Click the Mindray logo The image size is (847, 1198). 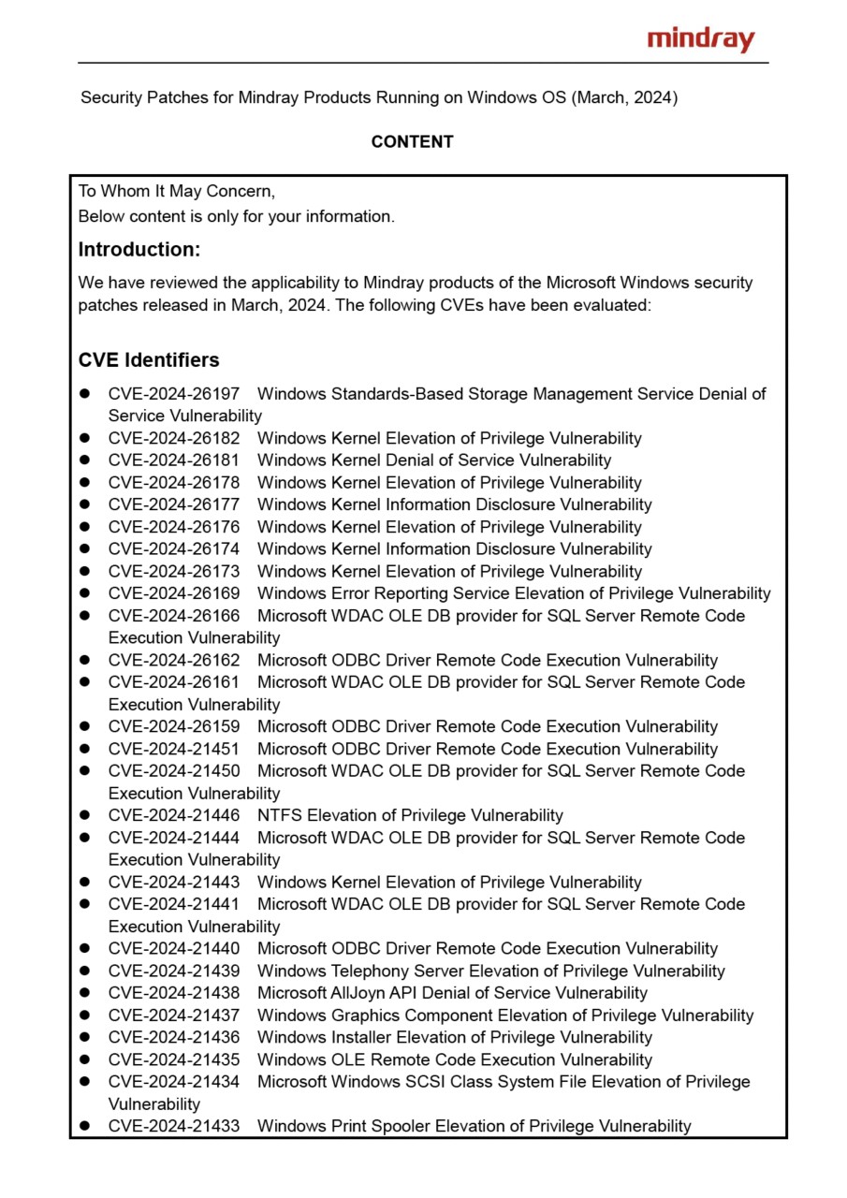700,39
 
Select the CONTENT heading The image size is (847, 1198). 412,142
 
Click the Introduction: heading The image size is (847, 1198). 139,250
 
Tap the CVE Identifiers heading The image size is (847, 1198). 149,360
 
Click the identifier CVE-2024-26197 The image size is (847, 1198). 174,394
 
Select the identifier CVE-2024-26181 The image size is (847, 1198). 174,460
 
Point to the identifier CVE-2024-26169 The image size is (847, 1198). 174,593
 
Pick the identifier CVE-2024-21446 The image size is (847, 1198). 174,815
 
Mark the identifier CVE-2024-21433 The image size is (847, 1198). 174,1126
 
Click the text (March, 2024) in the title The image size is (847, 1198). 624,97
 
